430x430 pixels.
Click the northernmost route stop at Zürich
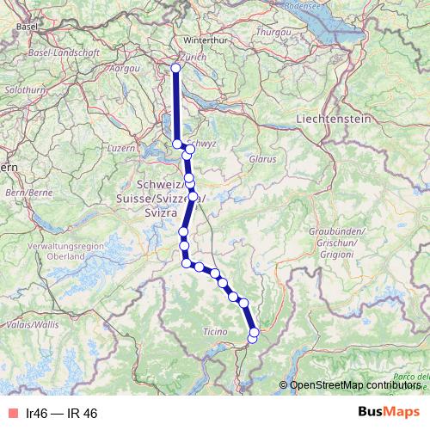tap(176, 68)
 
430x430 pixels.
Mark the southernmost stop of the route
tap(253, 339)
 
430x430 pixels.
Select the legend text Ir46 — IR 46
tap(62, 413)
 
